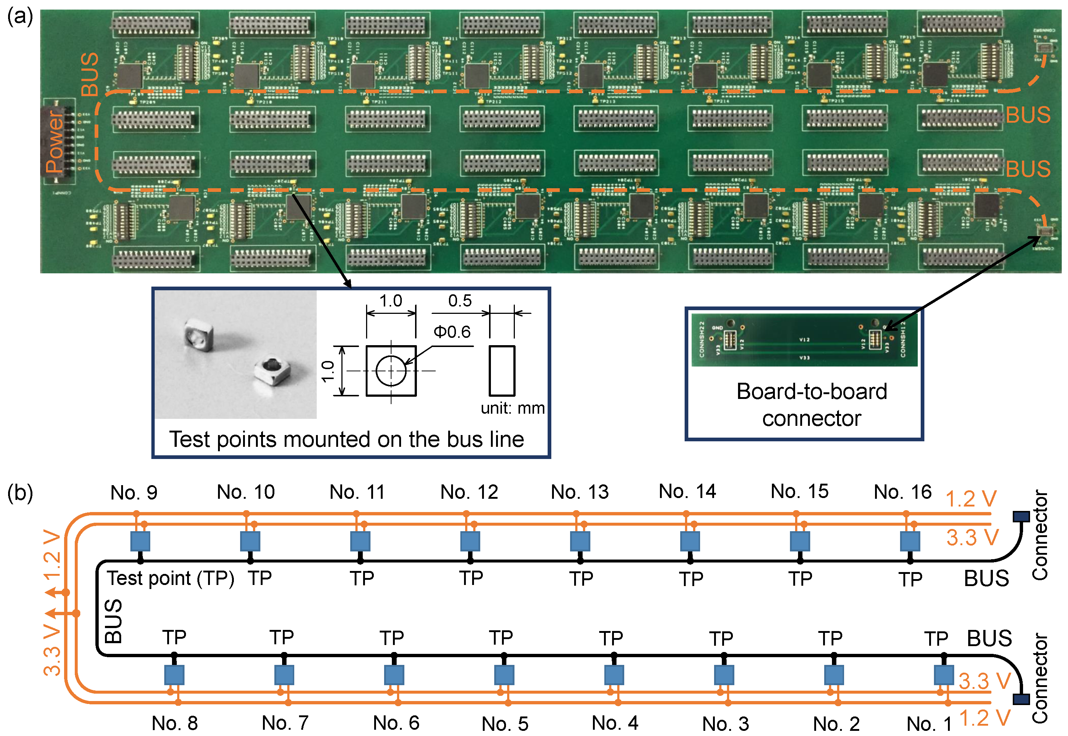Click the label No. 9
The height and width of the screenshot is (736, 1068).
(134, 493)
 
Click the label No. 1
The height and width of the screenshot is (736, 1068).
(928, 723)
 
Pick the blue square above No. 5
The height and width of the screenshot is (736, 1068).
(504, 675)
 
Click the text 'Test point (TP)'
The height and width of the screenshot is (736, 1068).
(171, 578)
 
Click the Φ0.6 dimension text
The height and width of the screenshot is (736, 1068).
(452, 332)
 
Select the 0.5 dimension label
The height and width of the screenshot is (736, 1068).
(460, 301)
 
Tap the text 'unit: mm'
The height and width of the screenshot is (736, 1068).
(512, 408)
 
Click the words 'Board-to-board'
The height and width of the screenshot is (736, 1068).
(811, 391)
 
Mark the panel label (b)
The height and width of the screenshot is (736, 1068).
(20, 492)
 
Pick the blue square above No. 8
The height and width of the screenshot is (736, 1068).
(174, 675)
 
